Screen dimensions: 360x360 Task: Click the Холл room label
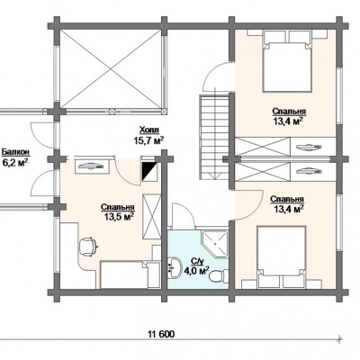pos(149,130)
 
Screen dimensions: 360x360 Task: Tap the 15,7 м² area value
pos(148,140)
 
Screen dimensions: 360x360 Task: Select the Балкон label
pos(15,152)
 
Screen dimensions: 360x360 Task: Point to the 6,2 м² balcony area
pos(15,163)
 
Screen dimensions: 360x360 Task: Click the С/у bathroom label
pos(196,261)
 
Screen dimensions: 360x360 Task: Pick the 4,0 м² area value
pos(196,271)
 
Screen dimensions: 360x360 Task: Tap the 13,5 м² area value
pos(119,217)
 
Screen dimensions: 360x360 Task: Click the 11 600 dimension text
pos(161,334)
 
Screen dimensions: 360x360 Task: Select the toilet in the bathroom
pos(218,275)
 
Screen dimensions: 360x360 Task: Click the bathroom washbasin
pos(175,266)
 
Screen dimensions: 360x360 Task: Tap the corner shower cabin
pos(215,245)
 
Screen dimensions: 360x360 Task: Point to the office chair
pos(88,247)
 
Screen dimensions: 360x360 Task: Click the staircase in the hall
pos(214,137)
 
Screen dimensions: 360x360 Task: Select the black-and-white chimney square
pos(149,172)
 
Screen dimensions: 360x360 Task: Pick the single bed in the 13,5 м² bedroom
pos(124,274)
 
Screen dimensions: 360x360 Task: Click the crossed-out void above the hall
pos(112,69)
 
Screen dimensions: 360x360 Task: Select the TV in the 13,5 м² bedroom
pos(90,165)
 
